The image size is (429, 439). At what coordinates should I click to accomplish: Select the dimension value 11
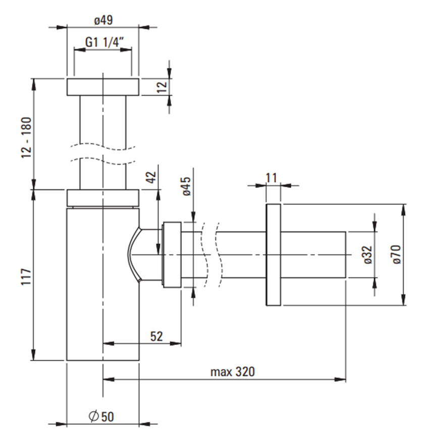(x=272, y=177)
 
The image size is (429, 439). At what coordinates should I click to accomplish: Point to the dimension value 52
(x=157, y=336)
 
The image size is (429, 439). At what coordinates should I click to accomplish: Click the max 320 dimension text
(x=233, y=372)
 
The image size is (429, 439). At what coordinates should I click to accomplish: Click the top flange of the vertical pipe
(x=102, y=86)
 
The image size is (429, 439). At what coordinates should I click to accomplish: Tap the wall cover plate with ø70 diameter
(x=273, y=255)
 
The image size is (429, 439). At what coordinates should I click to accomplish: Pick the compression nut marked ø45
(x=171, y=255)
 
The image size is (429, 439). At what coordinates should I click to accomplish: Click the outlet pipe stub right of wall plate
(x=313, y=255)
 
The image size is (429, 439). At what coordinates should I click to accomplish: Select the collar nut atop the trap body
(x=102, y=198)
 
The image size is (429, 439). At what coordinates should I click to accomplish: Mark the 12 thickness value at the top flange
(x=162, y=86)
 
